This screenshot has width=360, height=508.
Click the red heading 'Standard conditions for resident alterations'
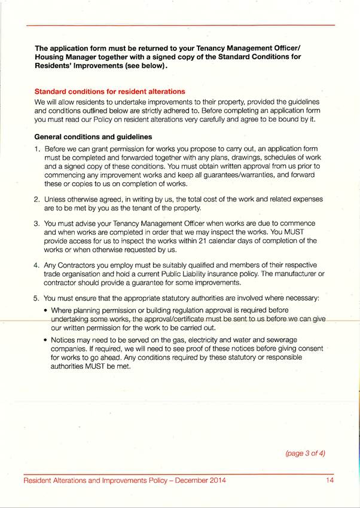110,91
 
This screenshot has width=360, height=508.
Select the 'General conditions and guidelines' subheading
93,136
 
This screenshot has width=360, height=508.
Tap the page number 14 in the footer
330,480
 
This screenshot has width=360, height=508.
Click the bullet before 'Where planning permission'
47,311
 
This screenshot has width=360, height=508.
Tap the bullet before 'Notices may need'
47,339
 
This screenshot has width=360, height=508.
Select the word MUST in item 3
302,231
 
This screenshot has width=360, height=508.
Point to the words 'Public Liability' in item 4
183,273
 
